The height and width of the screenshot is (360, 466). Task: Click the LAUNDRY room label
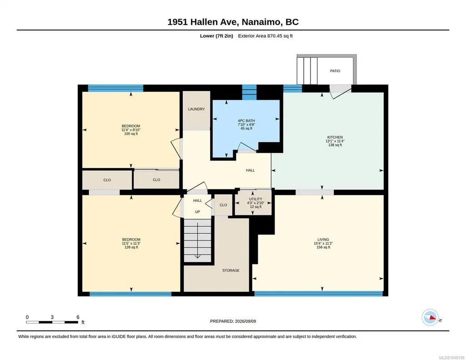tap(196, 109)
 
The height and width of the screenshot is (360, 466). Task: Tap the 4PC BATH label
tap(246, 121)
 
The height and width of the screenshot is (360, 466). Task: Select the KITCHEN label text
tap(335, 137)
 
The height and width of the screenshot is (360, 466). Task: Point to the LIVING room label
tap(323, 240)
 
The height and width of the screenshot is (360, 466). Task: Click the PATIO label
tap(335, 71)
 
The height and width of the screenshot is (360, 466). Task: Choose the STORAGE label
tap(230, 270)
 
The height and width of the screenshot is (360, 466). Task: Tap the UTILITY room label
tap(256, 199)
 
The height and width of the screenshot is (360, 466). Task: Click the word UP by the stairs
tap(197, 212)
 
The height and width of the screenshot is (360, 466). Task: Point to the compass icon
tap(430, 317)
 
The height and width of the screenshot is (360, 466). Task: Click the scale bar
tap(52, 322)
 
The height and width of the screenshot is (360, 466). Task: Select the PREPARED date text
tap(233, 321)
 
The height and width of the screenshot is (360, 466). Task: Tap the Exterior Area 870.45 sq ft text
tap(266, 36)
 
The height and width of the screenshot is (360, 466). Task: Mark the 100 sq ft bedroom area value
tap(131, 134)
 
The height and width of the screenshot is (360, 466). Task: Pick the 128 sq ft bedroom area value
tap(131, 247)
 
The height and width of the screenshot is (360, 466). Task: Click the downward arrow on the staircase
tap(197, 240)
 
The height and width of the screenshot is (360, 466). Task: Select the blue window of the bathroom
tap(249, 92)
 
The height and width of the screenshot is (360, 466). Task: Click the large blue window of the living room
tap(318, 294)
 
